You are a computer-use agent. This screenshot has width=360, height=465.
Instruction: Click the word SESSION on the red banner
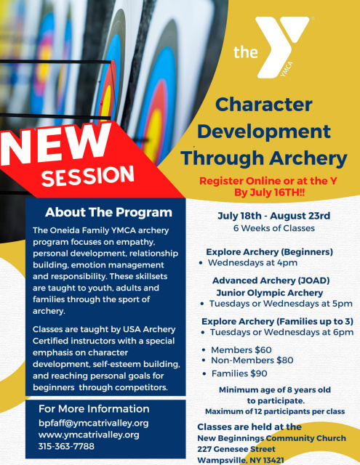coord(88,176)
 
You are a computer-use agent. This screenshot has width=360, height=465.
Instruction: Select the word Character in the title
coord(264,105)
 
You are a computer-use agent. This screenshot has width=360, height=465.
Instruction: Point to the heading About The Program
coord(108,212)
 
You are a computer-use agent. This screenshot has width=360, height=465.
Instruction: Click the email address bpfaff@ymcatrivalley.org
coord(94,423)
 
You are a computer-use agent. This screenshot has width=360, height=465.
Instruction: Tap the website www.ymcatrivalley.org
coord(89,434)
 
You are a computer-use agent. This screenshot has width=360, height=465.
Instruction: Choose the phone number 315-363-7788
coord(66,446)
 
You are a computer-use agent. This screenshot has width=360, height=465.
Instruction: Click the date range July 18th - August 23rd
coord(274,216)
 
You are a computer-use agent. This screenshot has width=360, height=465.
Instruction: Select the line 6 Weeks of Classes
coord(274,228)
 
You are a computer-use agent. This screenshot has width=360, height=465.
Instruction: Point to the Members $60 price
coord(241,350)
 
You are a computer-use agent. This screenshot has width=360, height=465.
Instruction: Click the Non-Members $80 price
coord(252,360)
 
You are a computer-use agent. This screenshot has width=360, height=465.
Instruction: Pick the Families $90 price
coord(239,373)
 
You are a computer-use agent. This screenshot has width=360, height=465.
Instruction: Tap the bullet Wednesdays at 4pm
coord(252,262)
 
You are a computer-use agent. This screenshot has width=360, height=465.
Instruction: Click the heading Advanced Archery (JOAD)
coord(271,280)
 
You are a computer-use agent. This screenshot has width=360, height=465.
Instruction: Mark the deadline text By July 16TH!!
coord(270,193)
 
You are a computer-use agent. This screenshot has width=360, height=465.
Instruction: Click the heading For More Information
coord(94,408)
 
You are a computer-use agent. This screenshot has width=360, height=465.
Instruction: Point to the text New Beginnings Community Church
coord(271,438)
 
